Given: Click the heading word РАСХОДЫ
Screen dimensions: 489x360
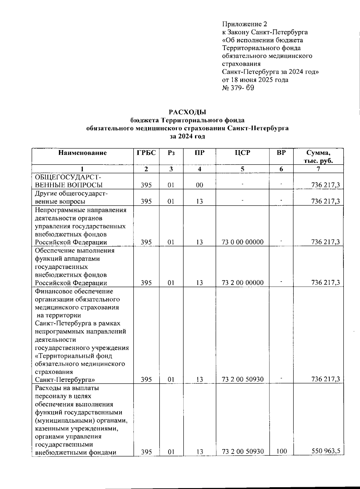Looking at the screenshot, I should (x=187, y=112).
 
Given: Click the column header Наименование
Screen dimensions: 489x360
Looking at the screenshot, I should (x=82, y=153).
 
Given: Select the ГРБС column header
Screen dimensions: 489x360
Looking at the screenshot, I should (x=146, y=153).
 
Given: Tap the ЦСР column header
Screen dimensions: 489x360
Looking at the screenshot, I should (x=242, y=153).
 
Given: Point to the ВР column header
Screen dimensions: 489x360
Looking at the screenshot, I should (x=281, y=153).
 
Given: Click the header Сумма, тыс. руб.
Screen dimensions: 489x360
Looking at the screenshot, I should (x=318, y=157).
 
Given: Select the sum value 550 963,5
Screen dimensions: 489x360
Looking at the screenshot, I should (x=327, y=451).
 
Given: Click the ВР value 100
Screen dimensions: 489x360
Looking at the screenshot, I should (x=281, y=451).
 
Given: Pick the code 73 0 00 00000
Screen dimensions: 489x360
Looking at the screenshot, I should (x=242, y=242).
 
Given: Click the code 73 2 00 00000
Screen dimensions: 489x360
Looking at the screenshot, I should (x=242, y=283).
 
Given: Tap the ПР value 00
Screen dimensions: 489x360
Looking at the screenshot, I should (x=199, y=185).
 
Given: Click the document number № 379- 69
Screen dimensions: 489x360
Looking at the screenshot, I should (x=238, y=88).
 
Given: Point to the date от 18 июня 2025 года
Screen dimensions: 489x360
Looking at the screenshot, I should (x=255, y=80).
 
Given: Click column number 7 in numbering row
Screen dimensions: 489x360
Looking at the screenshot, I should (x=318, y=169).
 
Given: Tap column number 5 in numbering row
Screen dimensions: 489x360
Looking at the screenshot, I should (x=242, y=169).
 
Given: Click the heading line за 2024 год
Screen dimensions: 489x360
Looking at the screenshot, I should (x=187, y=136).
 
